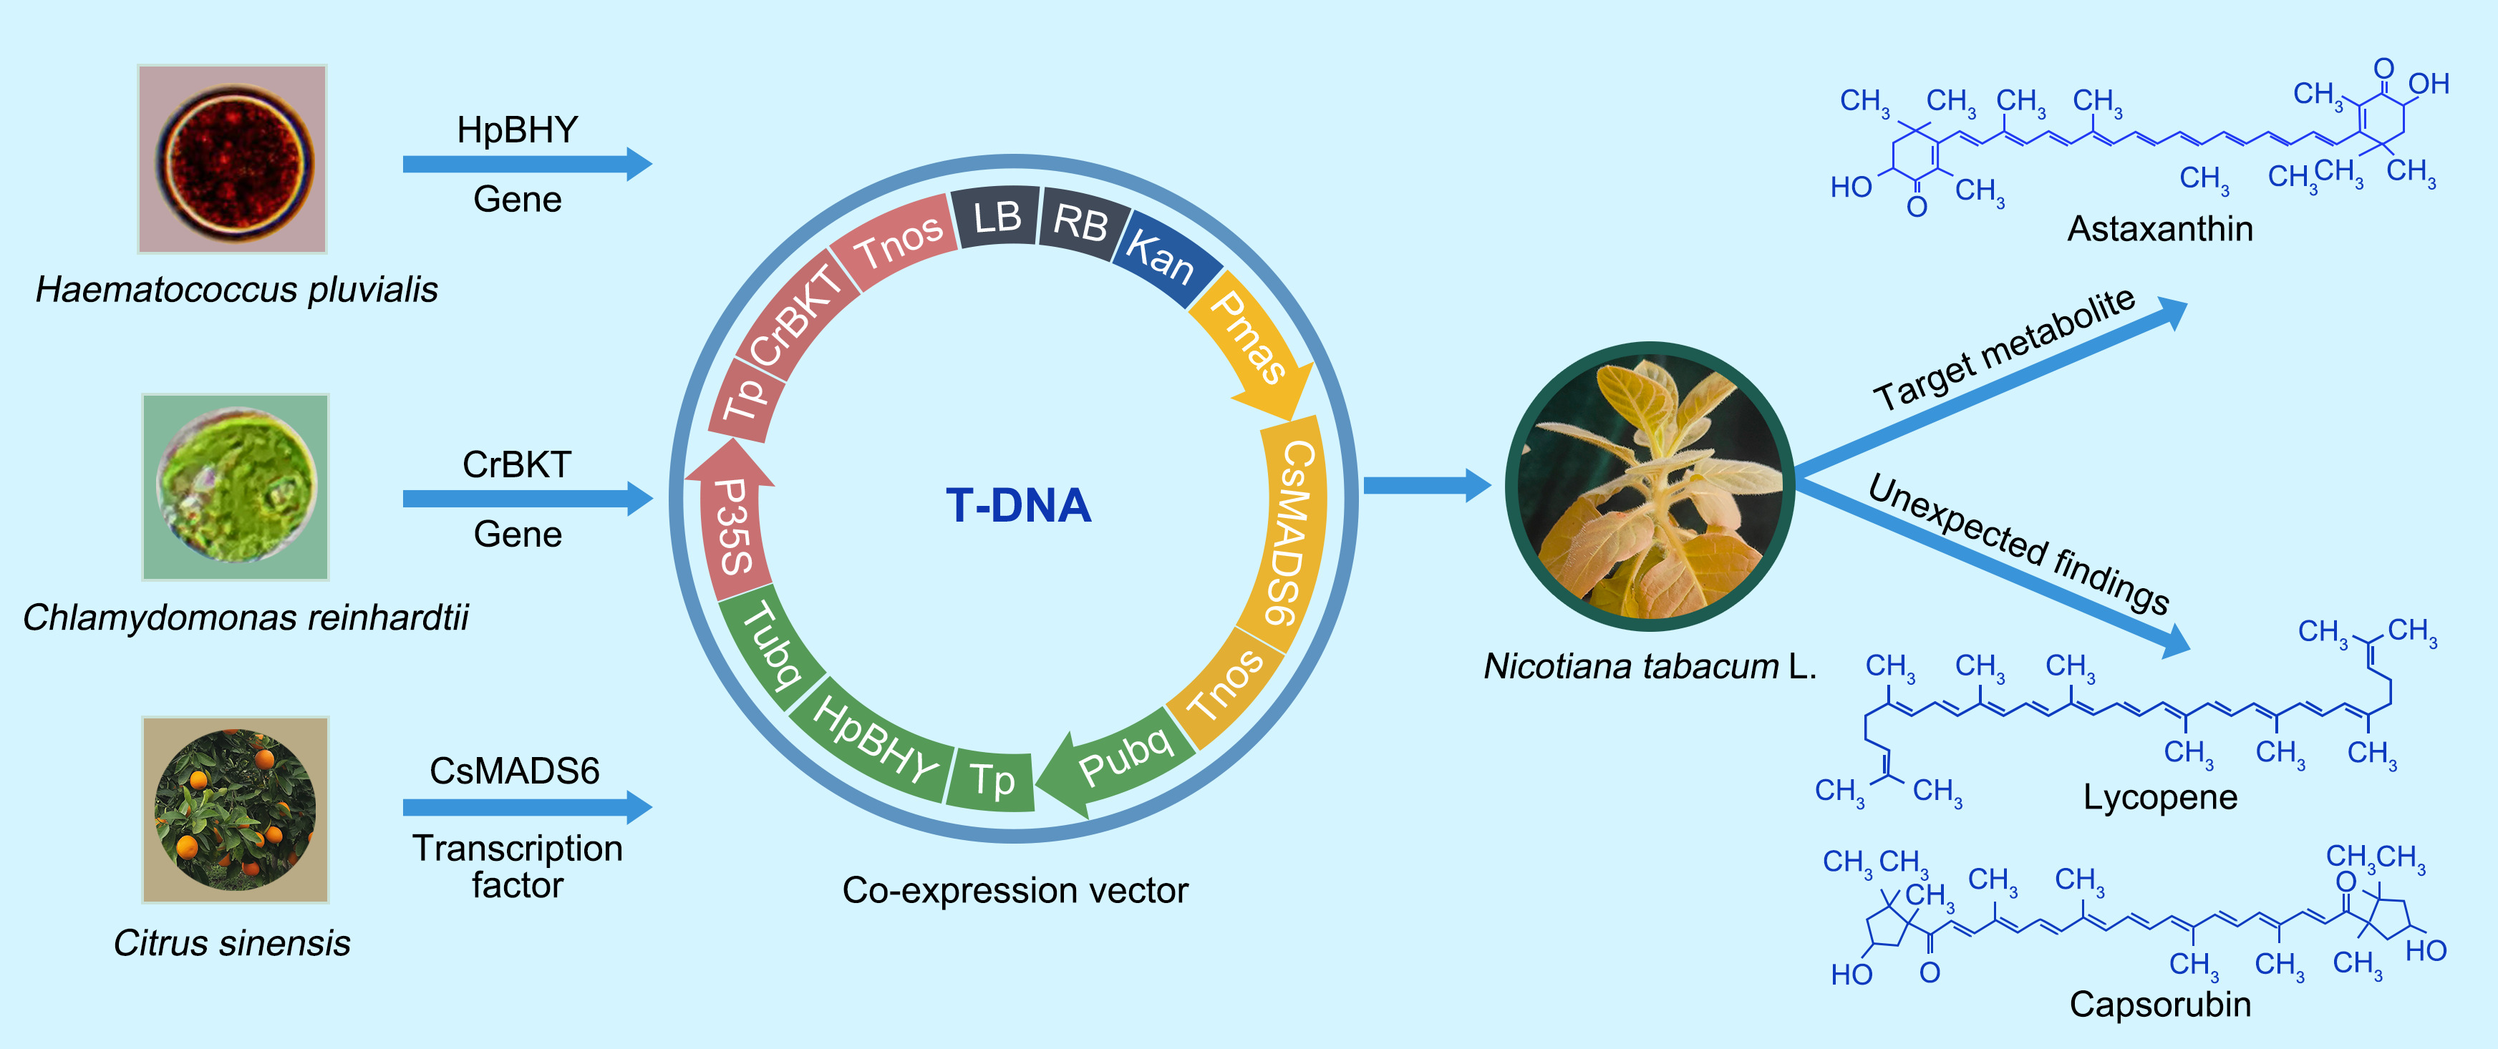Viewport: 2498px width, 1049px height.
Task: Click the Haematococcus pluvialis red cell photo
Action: pyautogui.click(x=233, y=159)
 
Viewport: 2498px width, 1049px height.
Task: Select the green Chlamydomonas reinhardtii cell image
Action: pyautogui.click(x=236, y=487)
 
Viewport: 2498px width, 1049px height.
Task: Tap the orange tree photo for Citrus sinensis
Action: pyautogui.click(x=236, y=809)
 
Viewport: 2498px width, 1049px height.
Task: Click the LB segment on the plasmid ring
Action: pyautogui.click(x=996, y=216)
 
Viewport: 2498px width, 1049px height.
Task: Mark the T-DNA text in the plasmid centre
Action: pyautogui.click(x=1018, y=505)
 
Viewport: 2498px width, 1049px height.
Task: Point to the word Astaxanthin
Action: pyautogui.click(x=2159, y=229)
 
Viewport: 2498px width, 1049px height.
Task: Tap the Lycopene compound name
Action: pyautogui.click(x=2159, y=797)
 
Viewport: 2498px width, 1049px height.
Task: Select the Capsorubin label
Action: pyautogui.click(x=2159, y=1003)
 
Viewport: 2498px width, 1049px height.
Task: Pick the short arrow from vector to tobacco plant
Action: pyautogui.click(x=1425, y=484)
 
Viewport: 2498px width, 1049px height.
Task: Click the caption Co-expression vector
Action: pyautogui.click(x=1015, y=890)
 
